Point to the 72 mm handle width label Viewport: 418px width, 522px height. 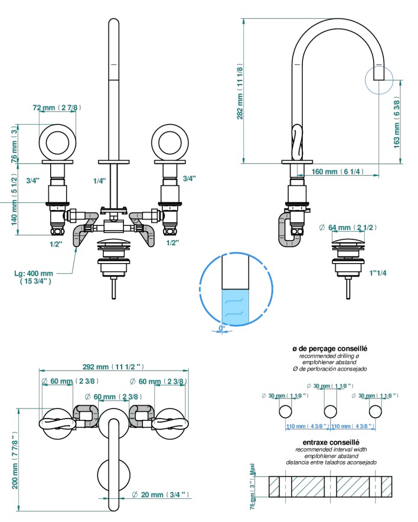pos(57,108)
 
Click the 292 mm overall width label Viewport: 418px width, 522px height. pos(113,366)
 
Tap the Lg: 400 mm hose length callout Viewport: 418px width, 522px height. pos(34,277)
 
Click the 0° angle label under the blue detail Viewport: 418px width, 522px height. pos(222,328)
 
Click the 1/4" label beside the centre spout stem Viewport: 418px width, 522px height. pos(100,179)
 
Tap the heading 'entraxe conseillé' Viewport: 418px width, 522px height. pos(331,442)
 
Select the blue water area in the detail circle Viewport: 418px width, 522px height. pos(234,307)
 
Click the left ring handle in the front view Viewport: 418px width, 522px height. pos(57,142)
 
